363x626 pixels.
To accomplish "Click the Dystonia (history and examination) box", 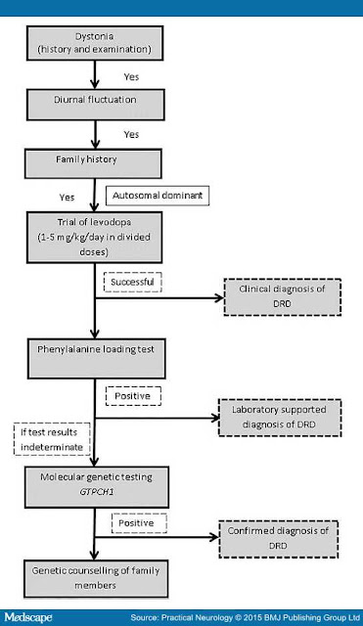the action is [x=95, y=43].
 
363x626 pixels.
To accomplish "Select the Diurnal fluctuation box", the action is [x=96, y=105].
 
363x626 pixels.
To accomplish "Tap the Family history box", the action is [x=93, y=163].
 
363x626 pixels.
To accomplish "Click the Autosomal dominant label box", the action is [x=158, y=196].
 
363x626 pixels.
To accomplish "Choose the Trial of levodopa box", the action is [x=95, y=238].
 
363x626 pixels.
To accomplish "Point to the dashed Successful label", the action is [x=133, y=282].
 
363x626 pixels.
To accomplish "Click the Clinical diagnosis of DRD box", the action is [x=283, y=297].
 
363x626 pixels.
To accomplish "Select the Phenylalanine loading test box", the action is [x=96, y=359].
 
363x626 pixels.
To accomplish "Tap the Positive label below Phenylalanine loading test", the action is [x=133, y=396].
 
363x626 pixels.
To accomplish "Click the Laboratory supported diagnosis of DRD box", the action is [x=280, y=418].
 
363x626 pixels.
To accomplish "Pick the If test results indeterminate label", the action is [x=52, y=439].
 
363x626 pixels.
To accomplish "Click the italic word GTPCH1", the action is [x=97, y=492].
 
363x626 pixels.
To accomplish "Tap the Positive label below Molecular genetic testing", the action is [x=139, y=523].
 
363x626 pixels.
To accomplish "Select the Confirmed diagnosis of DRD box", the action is [x=278, y=539].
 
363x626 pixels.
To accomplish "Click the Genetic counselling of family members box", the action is [x=96, y=578].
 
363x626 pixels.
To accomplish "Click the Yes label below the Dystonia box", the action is [x=131, y=77].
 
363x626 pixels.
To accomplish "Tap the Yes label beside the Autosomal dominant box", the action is [x=68, y=198].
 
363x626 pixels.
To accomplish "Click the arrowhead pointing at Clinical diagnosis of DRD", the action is [x=219, y=297].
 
